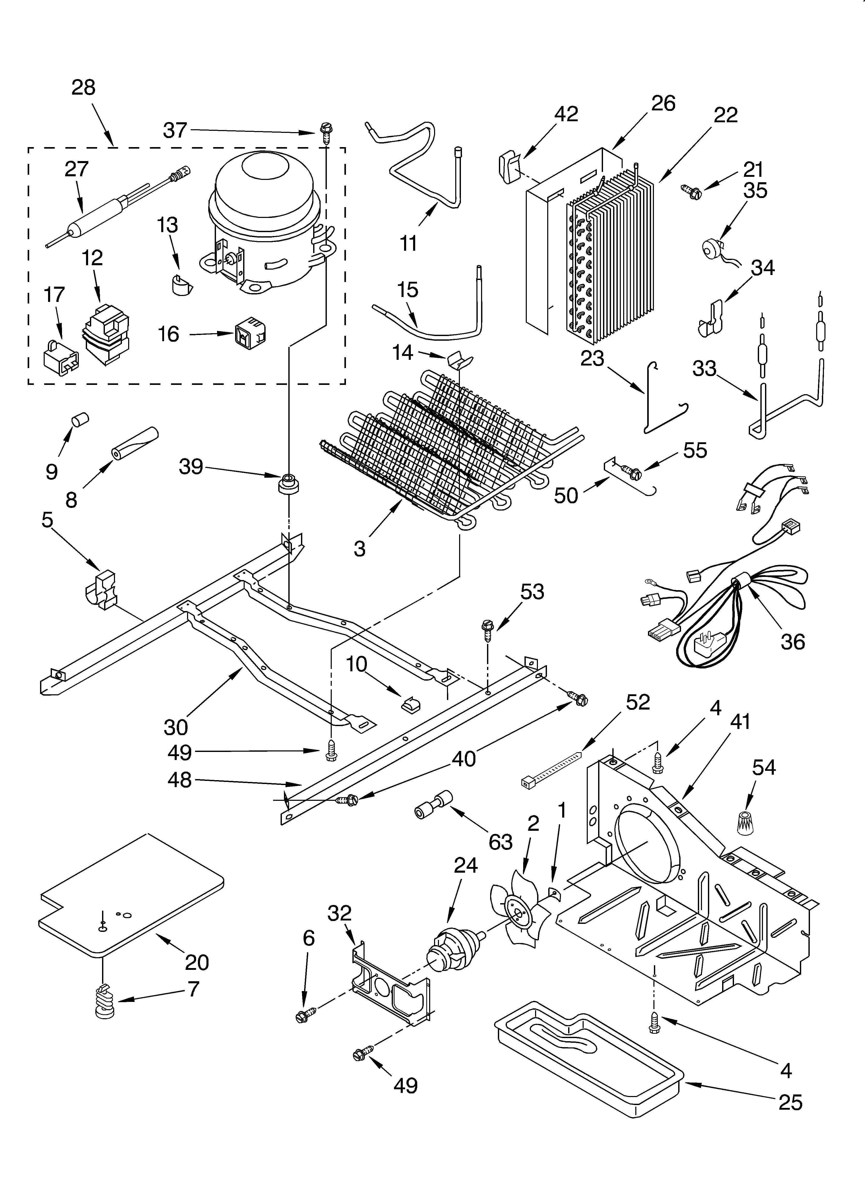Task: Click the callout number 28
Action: coord(83,87)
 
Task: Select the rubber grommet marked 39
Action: coord(288,483)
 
